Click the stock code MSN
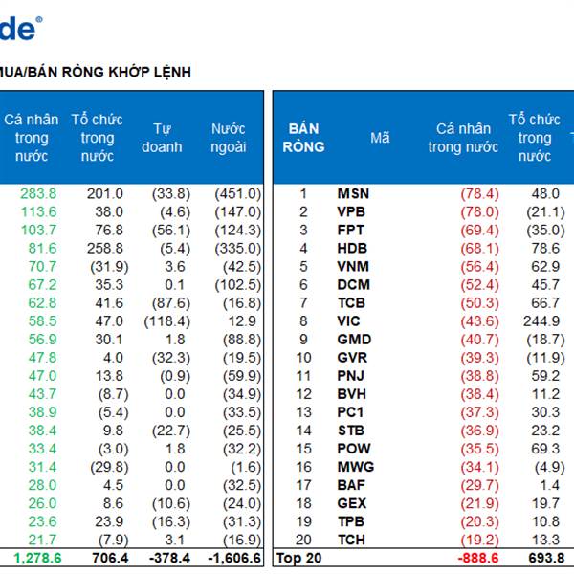tap(353, 193)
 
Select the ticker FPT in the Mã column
tap(351, 230)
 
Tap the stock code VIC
tap(349, 320)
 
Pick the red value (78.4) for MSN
tap(479, 193)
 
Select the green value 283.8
tap(38, 193)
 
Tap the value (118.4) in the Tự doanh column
tap(167, 320)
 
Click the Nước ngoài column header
tap(229, 138)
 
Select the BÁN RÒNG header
tap(303, 138)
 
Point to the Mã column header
tap(380, 138)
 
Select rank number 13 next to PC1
tap(303, 412)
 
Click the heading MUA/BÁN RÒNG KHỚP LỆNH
tap(96, 72)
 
